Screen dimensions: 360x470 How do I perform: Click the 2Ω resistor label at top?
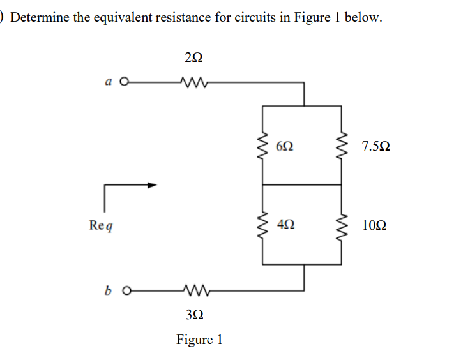click(193, 58)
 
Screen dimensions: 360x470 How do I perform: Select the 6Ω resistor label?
click(286, 146)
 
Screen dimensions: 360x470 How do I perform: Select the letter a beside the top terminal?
click(108, 82)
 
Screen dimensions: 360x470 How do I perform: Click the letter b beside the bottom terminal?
click(108, 294)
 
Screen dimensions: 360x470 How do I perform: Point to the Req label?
click(102, 225)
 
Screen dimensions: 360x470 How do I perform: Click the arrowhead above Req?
click(152, 185)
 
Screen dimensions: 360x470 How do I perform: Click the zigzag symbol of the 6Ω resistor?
click(262, 146)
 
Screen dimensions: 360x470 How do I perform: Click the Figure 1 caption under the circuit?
click(199, 339)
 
